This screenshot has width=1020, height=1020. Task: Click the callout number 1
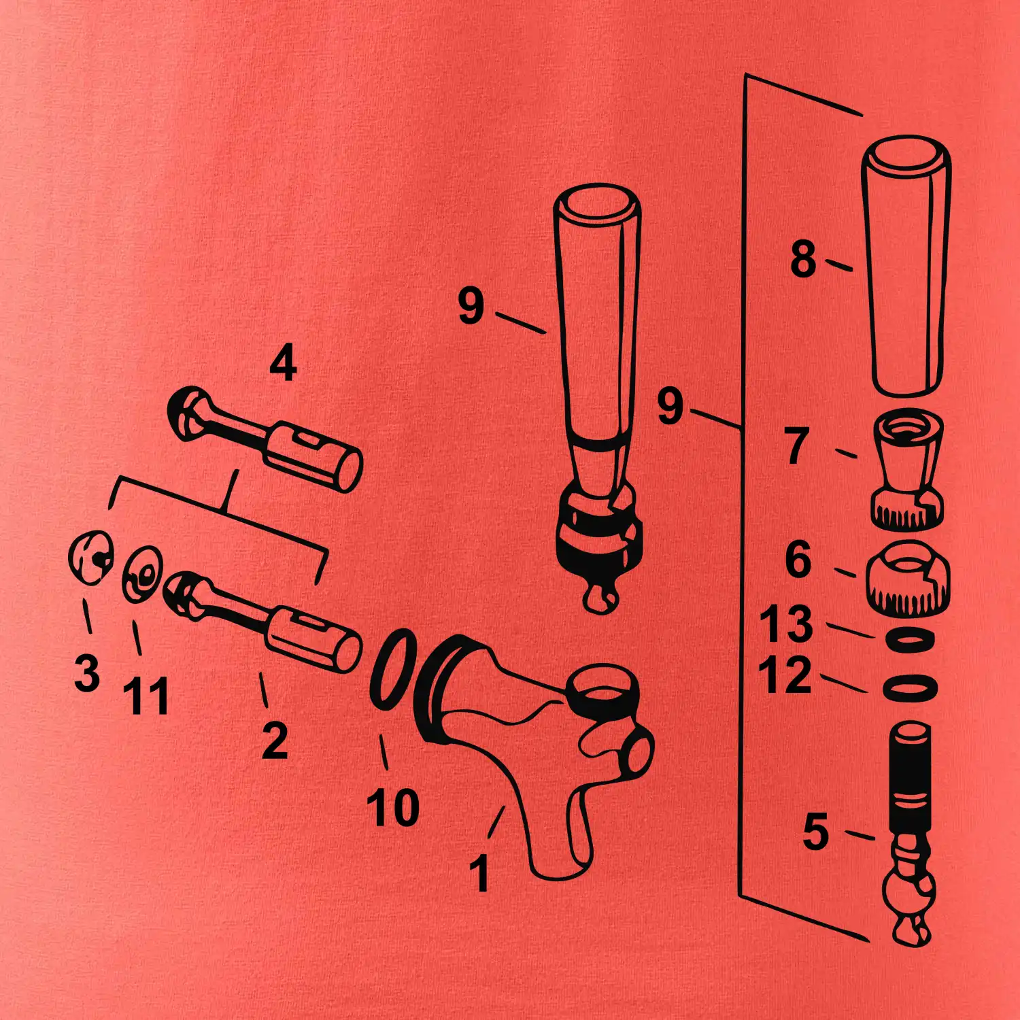pyautogui.click(x=480, y=873)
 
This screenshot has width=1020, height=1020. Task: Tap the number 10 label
pyautogui.click(x=393, y=807)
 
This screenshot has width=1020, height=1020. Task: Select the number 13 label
pyautogui.click(x=786, y=624)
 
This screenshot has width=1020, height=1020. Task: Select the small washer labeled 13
pyautogui.click(x=909, y=640)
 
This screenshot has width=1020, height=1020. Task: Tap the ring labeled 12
pyautogui.click(x=910, y=687)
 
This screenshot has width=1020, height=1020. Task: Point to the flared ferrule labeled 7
pyautogui.click(x=908, y=469)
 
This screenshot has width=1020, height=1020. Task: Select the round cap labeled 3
pyautogui.click(x=90, y=557)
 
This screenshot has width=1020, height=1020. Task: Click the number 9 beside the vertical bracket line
pyautogui.click(x=670, y=407)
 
